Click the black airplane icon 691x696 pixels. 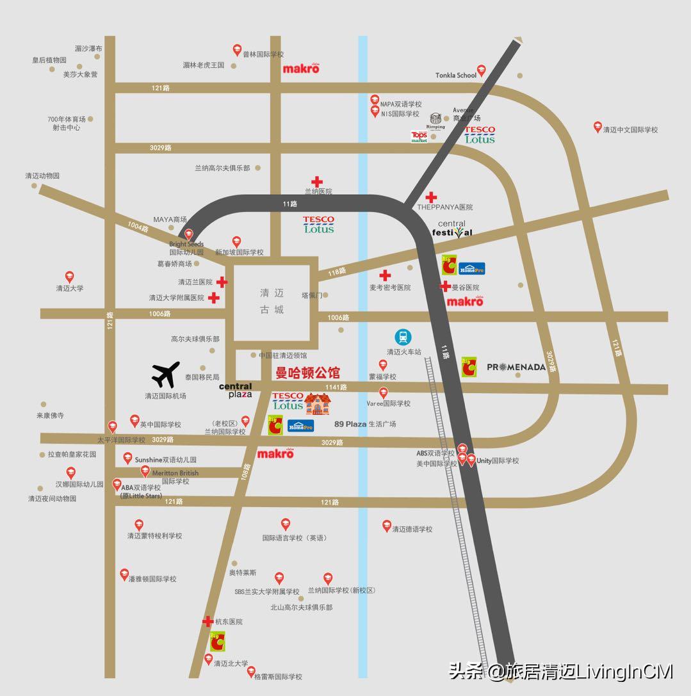[166, 375]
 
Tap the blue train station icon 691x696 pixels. [403, 337]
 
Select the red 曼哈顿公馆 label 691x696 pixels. [307, 373]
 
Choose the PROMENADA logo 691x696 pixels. [516, 367]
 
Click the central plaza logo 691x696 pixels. [236, 390]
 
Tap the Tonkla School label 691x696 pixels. [456, 75]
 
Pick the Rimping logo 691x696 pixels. [436, 121]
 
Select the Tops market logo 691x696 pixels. [419, 136]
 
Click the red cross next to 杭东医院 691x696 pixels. [207, 621]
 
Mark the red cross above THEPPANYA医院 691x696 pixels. [432, 197]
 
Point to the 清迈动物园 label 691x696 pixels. [42, 175]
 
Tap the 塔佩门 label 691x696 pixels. [313, 295]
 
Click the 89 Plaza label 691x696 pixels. [350, 424]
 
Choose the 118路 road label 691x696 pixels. [337, 272]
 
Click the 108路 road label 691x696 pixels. [245, 472]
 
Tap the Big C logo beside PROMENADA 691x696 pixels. [470, 366]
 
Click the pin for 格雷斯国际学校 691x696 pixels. [251, 670]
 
